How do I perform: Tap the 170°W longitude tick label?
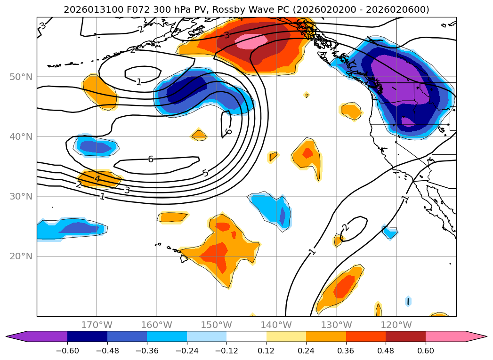click(x=97, y=325)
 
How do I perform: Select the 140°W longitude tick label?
click(x=276, y=325)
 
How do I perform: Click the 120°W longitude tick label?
click(x=396, y=325)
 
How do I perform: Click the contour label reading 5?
click(x=205, y=173)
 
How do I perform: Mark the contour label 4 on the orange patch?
click(x=97, y=179)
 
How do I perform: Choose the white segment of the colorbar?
click(x=246, y=336)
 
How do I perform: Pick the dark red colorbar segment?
click(x=405, y=336)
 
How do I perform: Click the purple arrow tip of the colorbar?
click(x=14, y=336)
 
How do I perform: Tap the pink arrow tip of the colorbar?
click(x=478, y=336)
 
